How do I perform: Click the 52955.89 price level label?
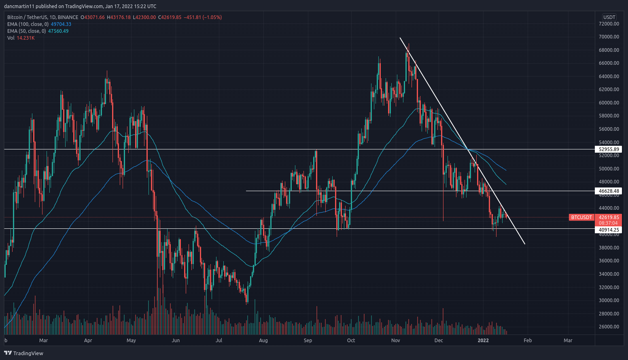point(609,149)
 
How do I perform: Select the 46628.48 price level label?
point(609,191)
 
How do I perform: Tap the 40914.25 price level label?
point(609,230)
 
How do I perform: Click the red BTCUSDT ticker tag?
point(581,217)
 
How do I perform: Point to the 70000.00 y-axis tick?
point(609,37)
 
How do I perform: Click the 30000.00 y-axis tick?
point(609,300)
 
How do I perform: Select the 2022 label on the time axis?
point(483,341)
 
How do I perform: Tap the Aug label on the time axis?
point(263,341)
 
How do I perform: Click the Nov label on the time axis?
point(395,341)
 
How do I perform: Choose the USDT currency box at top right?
point(609,17)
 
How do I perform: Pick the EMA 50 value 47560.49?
point(58,31)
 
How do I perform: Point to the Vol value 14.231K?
point(25,38)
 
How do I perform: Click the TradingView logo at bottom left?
point(23,353)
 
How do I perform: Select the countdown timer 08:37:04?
point(608,223)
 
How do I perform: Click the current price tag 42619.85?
point(609,217)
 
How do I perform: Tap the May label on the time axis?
point(131,341)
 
